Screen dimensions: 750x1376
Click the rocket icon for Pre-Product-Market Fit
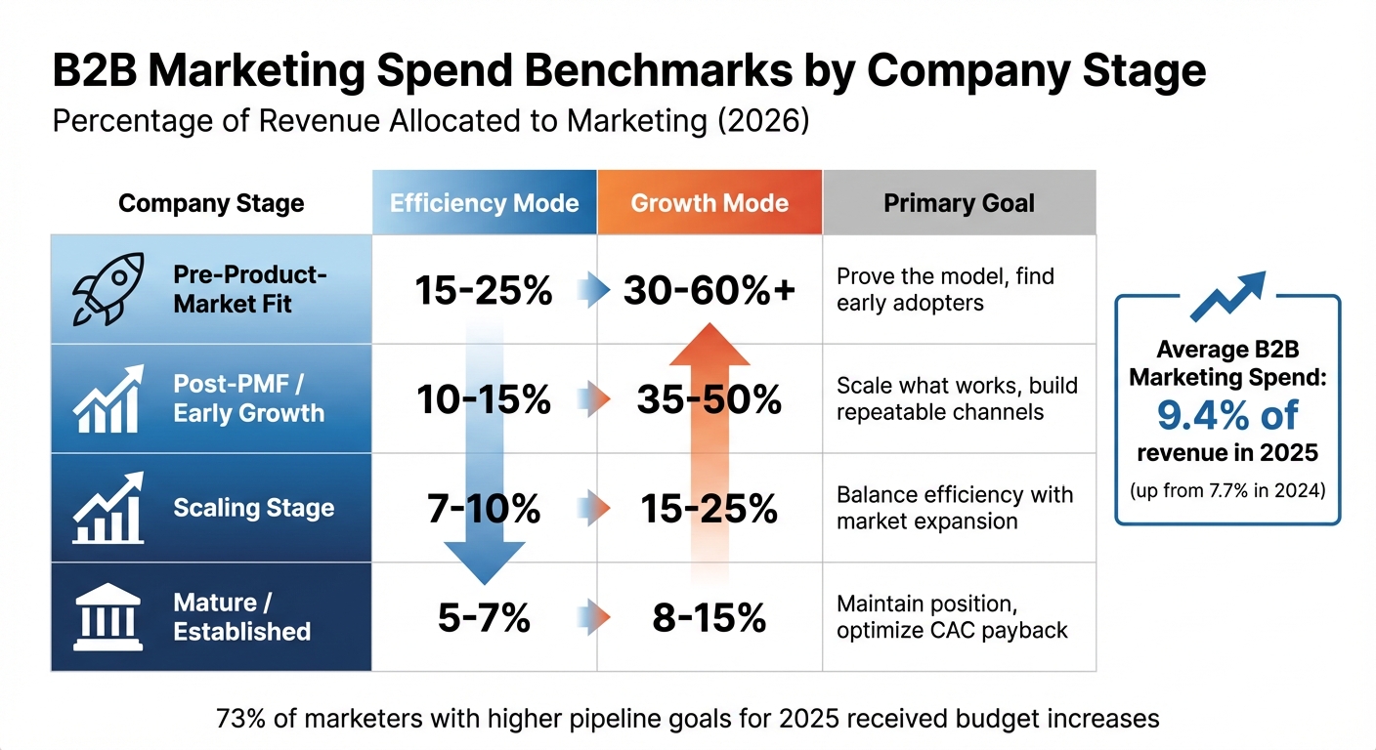[x=107, y=289]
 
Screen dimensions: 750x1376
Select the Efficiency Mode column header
[x=484, y=203]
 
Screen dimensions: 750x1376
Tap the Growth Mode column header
[x=709, y=203]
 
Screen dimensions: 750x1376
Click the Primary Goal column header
[x=959, y=203]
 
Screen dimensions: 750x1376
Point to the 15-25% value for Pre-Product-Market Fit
[x=483, y=290]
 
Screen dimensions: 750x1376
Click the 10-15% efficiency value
[x=483, y=399]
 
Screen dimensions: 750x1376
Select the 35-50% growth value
[x=709, y=399]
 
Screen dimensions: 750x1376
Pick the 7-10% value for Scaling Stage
[x=483, y=509]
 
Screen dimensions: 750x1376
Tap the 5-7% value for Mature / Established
[x=483, y=617]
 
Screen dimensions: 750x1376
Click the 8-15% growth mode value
[x=709, y=617]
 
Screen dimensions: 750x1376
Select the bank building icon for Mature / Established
[x=107, y=617]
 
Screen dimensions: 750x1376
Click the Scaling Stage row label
[x=253, y=508]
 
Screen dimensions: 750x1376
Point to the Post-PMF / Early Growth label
[x=248, y=398]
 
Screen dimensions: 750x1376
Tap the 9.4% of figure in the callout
[x=1227, y=415]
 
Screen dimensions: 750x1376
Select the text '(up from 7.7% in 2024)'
[x=1227, y=490]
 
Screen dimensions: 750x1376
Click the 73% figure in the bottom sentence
[x=239, y=720]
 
